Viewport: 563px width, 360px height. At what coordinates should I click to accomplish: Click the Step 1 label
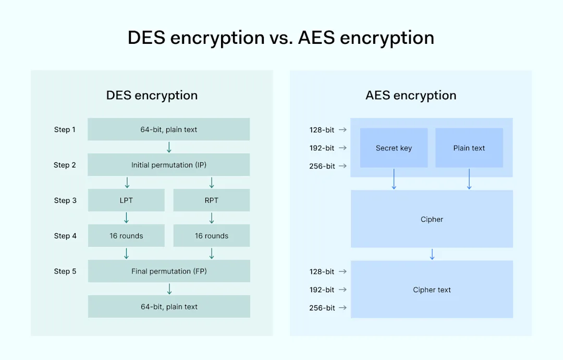(x=65, y=129)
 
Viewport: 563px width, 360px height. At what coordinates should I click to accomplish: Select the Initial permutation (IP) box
(x=168, y=165)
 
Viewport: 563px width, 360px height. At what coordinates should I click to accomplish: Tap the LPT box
(x=126, y=200)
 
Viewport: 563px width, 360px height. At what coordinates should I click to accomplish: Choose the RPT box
(x=211, y=200)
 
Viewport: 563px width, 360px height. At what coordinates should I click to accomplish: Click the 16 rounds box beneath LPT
(x=126, y=236)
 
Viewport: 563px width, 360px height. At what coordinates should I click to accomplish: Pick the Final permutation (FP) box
(x=168, y=271)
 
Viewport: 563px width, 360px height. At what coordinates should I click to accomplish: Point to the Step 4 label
(x=65, y=236)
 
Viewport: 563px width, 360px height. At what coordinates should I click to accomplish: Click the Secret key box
(x=394, y=148)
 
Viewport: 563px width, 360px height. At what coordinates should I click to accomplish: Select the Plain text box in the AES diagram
(x=469, y=148)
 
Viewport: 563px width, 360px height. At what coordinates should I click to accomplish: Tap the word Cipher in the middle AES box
(x=432, y=220)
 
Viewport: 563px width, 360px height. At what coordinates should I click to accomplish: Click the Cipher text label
(x=432, y=290)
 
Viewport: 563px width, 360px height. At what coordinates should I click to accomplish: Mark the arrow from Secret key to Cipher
(x=394, y=179)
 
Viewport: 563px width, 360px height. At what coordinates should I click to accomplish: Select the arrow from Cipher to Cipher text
(x=432, y=254)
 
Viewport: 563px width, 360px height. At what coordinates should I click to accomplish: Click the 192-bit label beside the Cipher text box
(x=322, y=290)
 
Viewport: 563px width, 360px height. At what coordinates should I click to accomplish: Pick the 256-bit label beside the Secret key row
(x=322, y=166)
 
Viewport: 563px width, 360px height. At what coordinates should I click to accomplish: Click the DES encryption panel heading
(x=152, y=95)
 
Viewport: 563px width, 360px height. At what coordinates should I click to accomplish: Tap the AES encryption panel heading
(x=411, y=95)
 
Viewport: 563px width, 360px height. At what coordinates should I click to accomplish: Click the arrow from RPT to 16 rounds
(x=212, y=218)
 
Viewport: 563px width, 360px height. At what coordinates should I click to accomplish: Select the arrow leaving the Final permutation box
(x=169, y=289)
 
